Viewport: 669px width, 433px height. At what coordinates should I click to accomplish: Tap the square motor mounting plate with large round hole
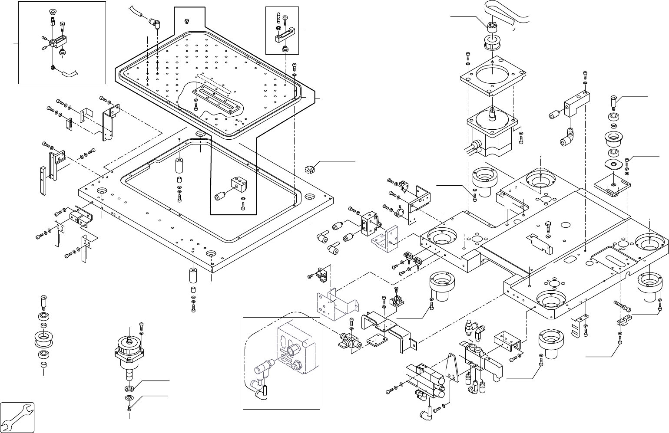pyautogui.click(x=491, y=75)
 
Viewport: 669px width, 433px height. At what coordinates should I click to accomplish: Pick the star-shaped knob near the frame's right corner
pyautogui.click(x=308, y=167)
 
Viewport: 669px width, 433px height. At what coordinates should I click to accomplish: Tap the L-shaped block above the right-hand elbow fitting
pyautogui.click(x=576, y=104)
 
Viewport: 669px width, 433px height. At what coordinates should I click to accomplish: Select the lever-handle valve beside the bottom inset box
pyautogui.click(x=348, y=341)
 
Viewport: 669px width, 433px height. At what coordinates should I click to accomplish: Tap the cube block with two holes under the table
pyautogui.click(x=238, y=185)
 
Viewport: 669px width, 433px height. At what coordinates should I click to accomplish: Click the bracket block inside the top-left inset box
pyautogui.click(x=57, y=43)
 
